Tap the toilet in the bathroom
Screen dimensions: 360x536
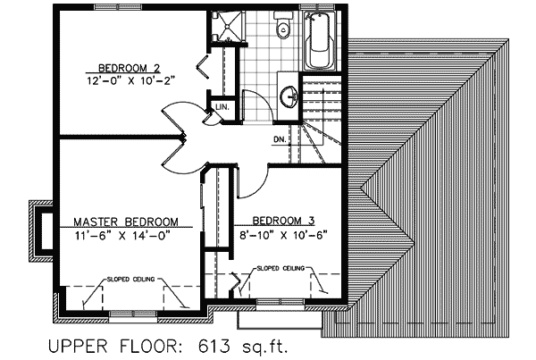284,28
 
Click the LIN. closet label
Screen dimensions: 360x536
221,108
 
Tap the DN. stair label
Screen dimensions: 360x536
280,140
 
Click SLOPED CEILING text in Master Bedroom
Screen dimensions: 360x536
132,279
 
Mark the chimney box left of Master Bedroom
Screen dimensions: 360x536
43,228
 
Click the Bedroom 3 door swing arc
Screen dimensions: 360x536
255,179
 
